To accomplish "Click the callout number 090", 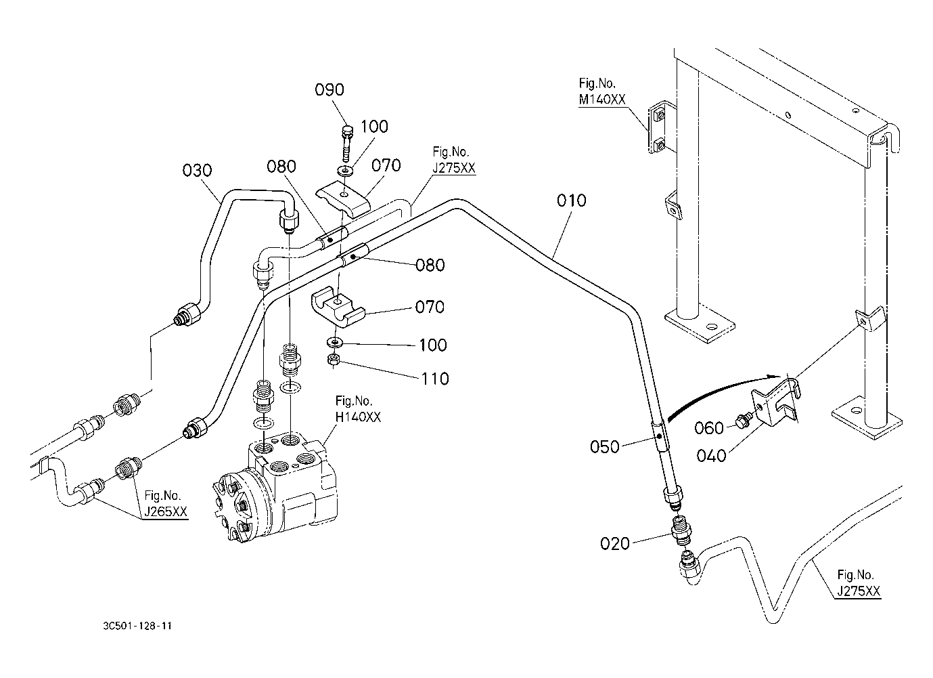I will coord(329,90).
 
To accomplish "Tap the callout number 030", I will coord(197,170).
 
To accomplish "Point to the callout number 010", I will coord(572,200).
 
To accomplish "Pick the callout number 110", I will coord(434,379).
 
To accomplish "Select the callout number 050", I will coord(604,447).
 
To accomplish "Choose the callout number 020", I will coord(615,543).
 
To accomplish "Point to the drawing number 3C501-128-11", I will coord(133,627).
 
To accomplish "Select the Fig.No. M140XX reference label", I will coord(601,91).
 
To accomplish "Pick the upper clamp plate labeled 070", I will coord(344,198).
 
